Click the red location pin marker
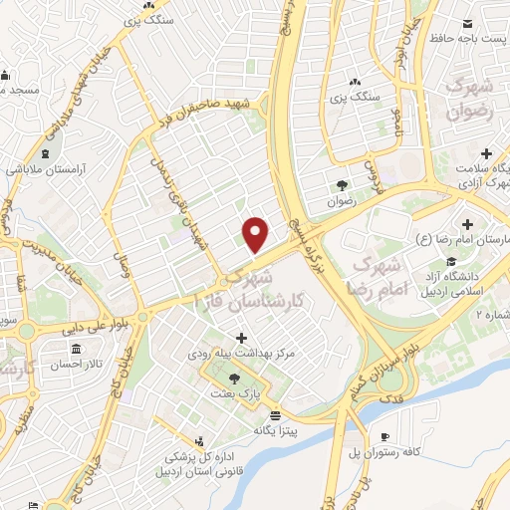click(x=257, y=234)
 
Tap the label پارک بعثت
click(x=234, y=394)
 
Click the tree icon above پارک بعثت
click(x=234, y=380)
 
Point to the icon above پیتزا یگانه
click(x=274, y=415)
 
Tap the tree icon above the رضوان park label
click(x=342, y=184)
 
